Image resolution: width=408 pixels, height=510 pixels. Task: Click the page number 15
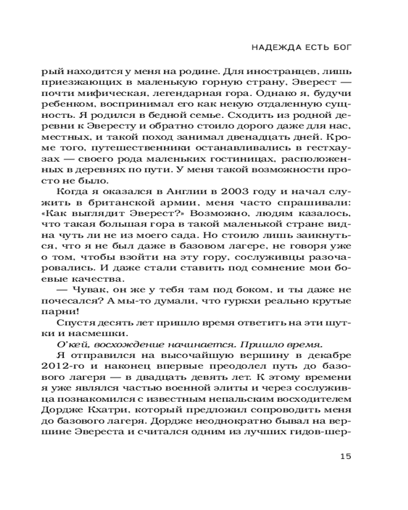coord(345,456)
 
